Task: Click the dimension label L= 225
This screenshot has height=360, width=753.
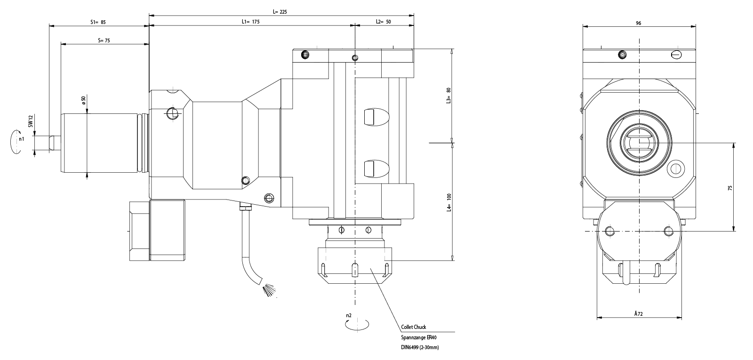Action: [x=280, y=12]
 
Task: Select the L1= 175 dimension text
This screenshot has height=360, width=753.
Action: [x=250, y=22]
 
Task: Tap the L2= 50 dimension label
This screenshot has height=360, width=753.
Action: [x=384, y=22]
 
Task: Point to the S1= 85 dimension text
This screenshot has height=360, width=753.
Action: [x=98, y=22]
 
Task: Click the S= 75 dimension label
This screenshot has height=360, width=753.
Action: [x=104, y=41]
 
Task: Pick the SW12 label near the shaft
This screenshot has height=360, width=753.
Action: [x=31, y=121]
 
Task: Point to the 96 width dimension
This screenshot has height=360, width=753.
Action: [x=638, y=23]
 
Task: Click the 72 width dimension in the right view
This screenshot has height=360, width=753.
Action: [x=638, y=313]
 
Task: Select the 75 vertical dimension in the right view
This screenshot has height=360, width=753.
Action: [x=730, y=187]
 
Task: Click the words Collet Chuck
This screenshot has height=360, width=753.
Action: [x=414, y=327]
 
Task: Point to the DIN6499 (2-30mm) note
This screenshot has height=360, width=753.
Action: [x=420, y=348]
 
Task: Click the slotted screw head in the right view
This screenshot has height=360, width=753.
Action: [x=676, y=55]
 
